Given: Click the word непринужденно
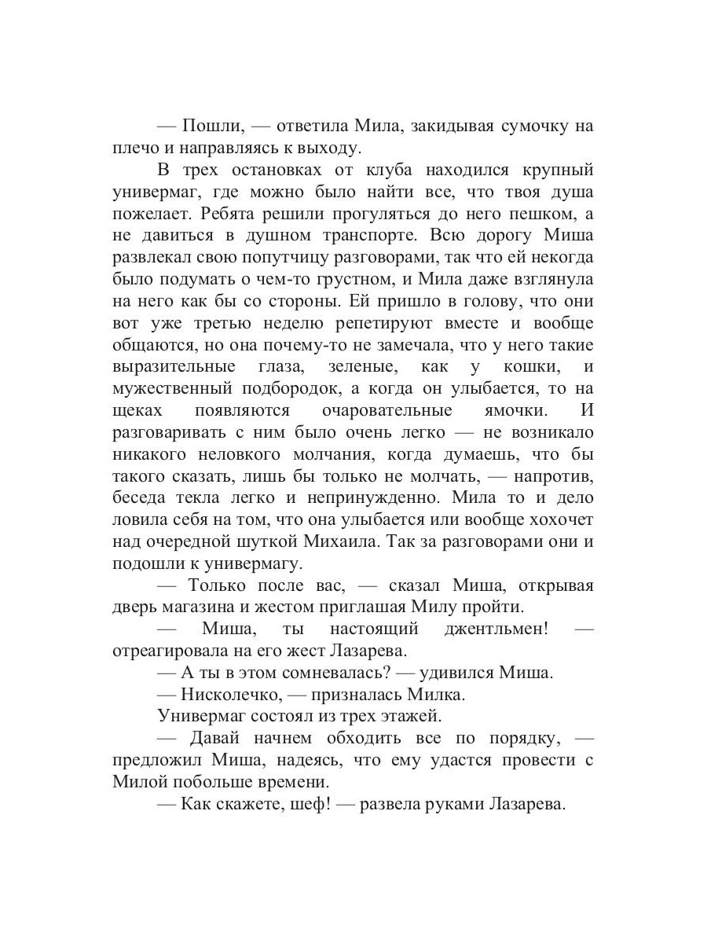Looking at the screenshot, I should coord(372,498).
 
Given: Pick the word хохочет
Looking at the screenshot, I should coord(560,520).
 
